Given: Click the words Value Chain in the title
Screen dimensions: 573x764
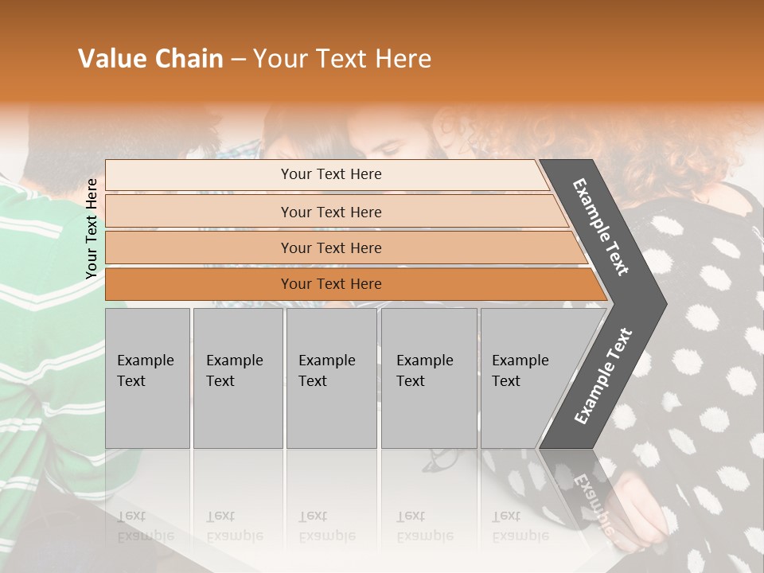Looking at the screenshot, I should [150, 59].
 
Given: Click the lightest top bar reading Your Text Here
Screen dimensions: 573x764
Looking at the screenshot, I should [331, 174].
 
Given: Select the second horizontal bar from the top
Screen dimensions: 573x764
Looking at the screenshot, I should [331, 212].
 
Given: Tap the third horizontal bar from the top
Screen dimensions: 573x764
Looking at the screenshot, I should [331, 248].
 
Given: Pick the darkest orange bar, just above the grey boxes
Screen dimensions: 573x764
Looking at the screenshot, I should [331, 284].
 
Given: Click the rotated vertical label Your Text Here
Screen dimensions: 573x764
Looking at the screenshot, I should [92, 228].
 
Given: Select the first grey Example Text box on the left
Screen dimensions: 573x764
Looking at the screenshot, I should [147, 378].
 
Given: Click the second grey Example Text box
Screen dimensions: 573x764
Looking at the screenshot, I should [237, 378].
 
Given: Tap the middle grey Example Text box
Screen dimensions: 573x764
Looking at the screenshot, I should [331, 378].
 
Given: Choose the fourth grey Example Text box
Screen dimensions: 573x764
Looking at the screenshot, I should [429, 378].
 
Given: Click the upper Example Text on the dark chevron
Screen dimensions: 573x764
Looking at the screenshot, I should [601, 227].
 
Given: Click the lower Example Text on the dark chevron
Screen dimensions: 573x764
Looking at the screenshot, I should [603, 376].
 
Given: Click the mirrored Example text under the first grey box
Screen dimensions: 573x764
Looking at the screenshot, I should [146, 528].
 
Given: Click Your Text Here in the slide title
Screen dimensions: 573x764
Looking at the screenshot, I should [342, 59].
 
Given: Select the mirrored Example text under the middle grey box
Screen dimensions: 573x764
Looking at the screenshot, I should [327, 528].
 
